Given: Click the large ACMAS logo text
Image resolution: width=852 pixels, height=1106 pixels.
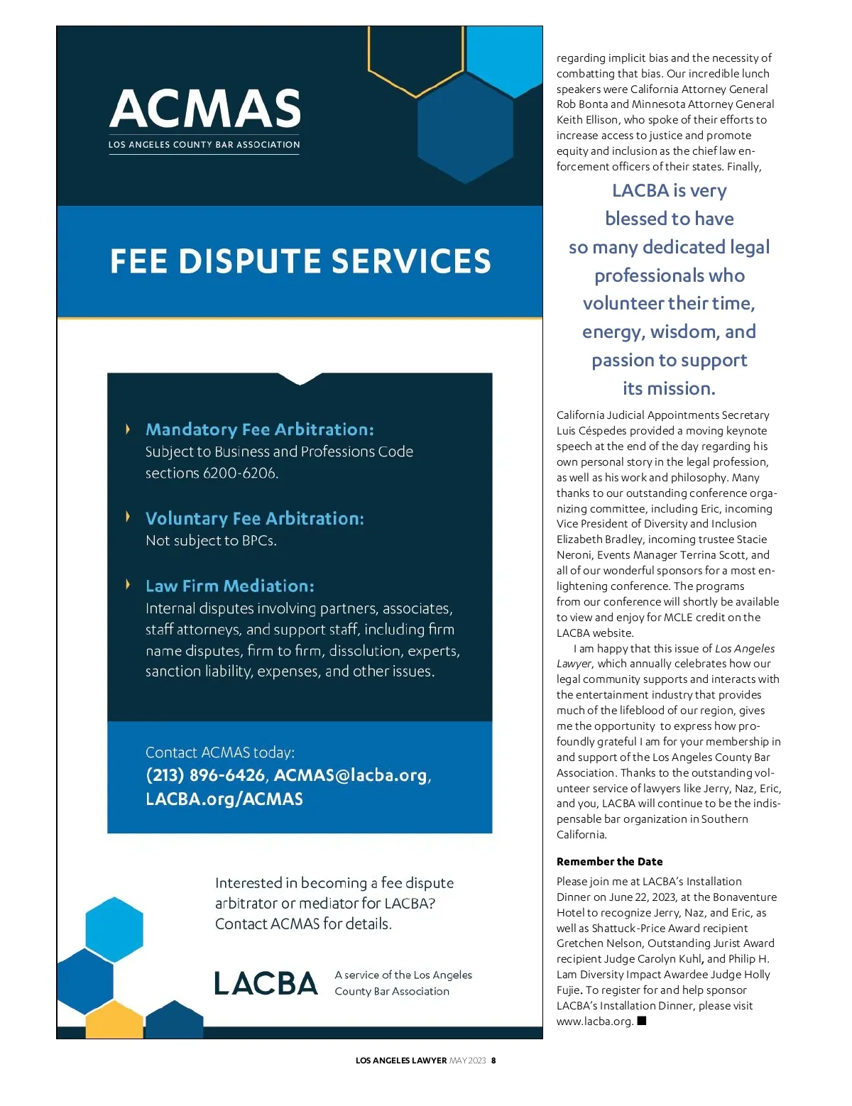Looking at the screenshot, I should tap(205, 109).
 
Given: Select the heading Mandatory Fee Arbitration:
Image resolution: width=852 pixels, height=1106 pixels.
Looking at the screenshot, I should tap(259, 429).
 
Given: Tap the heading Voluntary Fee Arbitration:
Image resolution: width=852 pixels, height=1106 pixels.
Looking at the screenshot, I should tap(254, 518).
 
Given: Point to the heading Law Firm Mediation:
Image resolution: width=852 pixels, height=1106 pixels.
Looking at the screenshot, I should tap(229, 586).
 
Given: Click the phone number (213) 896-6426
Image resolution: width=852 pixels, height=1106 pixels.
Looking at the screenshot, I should tap(204, 774).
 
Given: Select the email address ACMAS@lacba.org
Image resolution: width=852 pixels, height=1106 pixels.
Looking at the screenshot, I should tap(351, 774).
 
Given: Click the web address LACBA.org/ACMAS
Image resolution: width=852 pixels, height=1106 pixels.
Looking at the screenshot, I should tap(224, 799).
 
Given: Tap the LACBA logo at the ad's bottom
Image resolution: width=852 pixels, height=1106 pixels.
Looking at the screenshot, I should tap(266, 983).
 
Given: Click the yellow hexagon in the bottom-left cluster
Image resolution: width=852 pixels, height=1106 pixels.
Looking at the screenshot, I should tap(114, 1020).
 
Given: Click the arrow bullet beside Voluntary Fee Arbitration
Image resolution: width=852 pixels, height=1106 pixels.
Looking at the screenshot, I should tap(128, 516).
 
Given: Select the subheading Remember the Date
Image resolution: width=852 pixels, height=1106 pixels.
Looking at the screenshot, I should tap(609, 861).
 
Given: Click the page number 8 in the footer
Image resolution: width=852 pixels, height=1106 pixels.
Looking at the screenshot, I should tap(493, 1061).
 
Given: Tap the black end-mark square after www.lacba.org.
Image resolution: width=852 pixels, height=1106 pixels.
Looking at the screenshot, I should tap(642, 1021).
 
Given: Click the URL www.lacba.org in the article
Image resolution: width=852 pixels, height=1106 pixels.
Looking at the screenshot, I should tap(594, 1022).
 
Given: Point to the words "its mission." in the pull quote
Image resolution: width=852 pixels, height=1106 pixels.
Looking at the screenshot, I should tap(669, 388).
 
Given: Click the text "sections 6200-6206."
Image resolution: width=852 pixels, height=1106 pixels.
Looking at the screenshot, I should tap(211, 473).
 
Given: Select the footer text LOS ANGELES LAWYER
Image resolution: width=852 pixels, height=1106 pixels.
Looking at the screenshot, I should tap(400, 1061).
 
